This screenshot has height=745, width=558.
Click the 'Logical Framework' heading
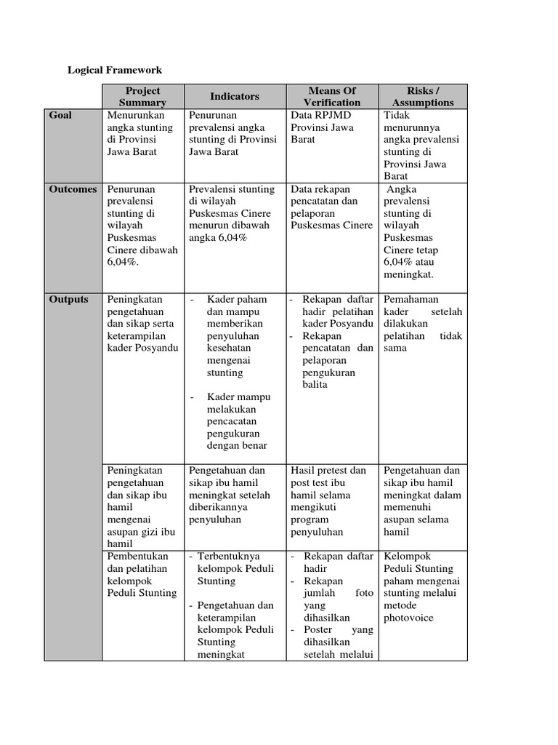coord(115,70)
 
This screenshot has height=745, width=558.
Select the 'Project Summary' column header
coord(142,96)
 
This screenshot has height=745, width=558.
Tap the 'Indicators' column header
coord(234,96)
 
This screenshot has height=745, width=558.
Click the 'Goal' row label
coord(60,115)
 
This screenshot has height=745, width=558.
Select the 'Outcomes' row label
coord(73,189)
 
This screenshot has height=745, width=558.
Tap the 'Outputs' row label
coord(68,299)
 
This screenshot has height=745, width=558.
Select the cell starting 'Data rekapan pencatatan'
coord(331,207)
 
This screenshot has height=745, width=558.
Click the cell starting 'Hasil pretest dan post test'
coord(328,501)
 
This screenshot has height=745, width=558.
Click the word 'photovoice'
coord(408,618)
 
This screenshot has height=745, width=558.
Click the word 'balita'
coord(315,384)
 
